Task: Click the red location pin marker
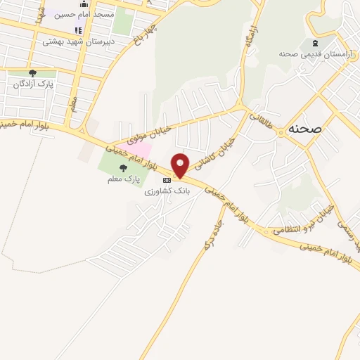click(181, 165)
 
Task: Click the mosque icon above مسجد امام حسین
click(84, 3)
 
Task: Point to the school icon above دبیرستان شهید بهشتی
click(78, 30)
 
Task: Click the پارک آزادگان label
click(34, 84)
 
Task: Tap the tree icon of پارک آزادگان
click(32, 73)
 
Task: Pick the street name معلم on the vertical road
click(73, 104)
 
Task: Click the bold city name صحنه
click(305, 129)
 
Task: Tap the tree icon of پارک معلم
click(124, 167)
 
